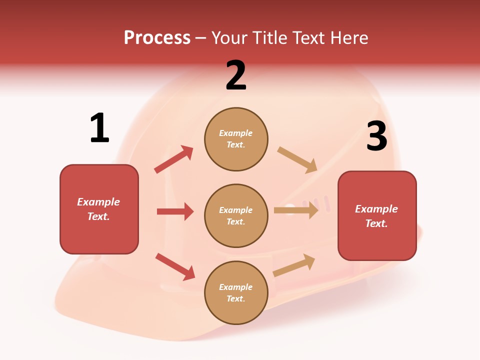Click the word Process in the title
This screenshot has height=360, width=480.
coord(157,38)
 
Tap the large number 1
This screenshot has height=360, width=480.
coord(99,128)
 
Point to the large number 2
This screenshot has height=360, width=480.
coord(236,76)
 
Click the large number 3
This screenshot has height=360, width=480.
coord(376,136)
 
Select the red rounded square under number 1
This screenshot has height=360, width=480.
coord(99,209)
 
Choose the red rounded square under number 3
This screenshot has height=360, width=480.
coord(377,215)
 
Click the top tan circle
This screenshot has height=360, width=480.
coord(236,139)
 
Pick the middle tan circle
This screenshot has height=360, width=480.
coord(236,215)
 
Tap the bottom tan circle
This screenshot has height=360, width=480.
coord(236,292)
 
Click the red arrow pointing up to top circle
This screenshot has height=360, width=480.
coord(174,159)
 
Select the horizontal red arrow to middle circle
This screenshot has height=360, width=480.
coord(175,211)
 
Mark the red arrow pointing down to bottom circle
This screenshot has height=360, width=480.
coord(175,266)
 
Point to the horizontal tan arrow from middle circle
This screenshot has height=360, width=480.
coord(296,210)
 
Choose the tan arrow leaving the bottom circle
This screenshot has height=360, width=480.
coord(294,265)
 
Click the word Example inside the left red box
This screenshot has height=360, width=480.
coord(98,202)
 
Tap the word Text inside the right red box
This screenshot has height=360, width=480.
coord(376,223)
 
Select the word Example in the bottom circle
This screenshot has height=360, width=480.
coord(235,287)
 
